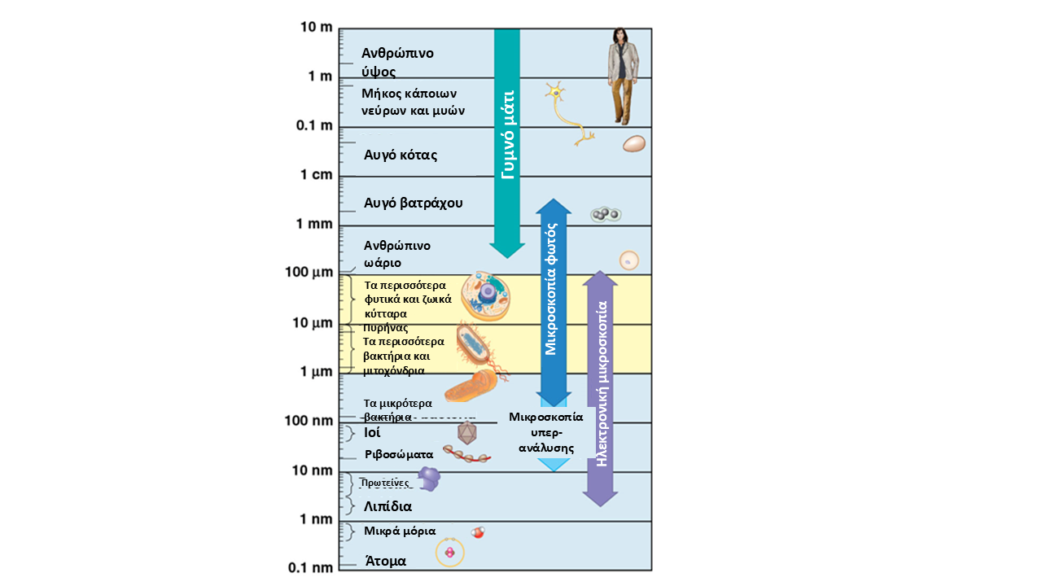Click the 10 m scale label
click(317, 27)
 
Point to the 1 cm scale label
click(316, 175)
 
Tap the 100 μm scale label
click(309, 272)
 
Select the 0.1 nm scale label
click(311, 567)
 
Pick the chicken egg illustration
click(634, 144)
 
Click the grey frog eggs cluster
click(605, 215)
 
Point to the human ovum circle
click(628, 260)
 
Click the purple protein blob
click(428, 479)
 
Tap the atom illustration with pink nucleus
click(449, 553)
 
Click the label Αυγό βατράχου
click(414, 203)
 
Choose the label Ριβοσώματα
click(399, 455)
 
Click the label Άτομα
click(385, 561)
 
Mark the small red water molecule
click(478, 533)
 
